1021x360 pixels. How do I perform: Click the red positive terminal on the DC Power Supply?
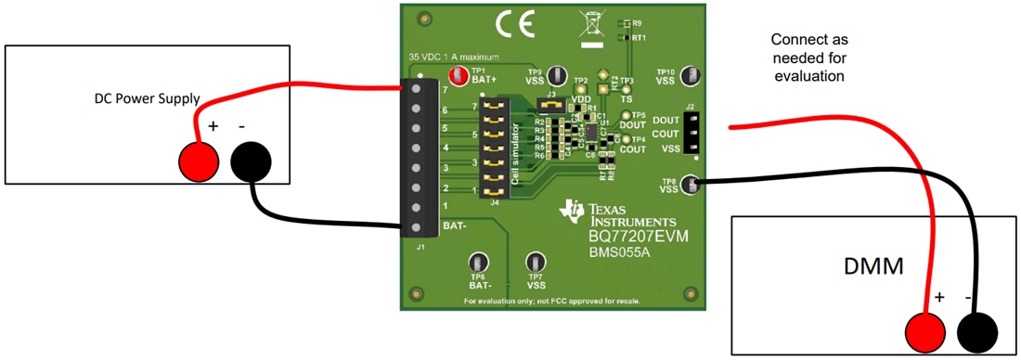coord(198,161)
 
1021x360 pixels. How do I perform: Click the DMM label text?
coord(882,268)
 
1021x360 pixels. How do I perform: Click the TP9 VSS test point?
coord(558,76)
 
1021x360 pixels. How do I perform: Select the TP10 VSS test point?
coord(691,76)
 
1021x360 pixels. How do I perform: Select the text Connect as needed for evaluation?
coord(809,58)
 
